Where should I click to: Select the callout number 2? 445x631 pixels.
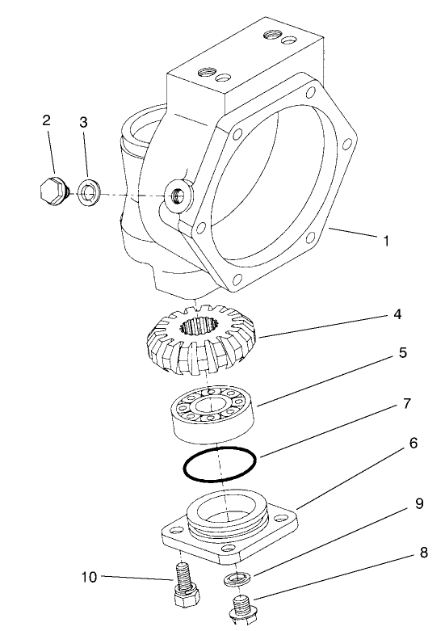click(47, 120)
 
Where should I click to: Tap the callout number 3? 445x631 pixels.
click(83, 122)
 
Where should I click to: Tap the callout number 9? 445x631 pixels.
click(419, 503)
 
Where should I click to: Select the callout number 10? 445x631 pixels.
click(90, 576)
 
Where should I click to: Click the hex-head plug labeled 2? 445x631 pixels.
click(51, 191)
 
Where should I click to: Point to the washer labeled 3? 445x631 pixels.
click(87, 195)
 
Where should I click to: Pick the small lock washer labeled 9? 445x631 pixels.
click(236, 578)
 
